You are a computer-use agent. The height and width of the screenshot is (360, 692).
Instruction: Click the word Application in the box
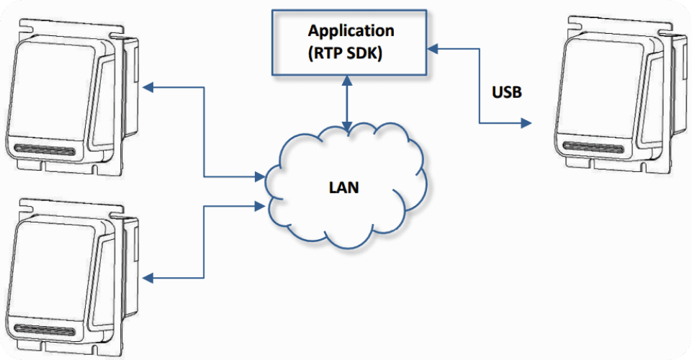tap(351, 31)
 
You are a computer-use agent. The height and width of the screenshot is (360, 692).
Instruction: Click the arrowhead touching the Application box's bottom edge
tap(347, 80)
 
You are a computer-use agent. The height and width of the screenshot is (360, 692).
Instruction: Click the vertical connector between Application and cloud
tap(347, 104)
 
